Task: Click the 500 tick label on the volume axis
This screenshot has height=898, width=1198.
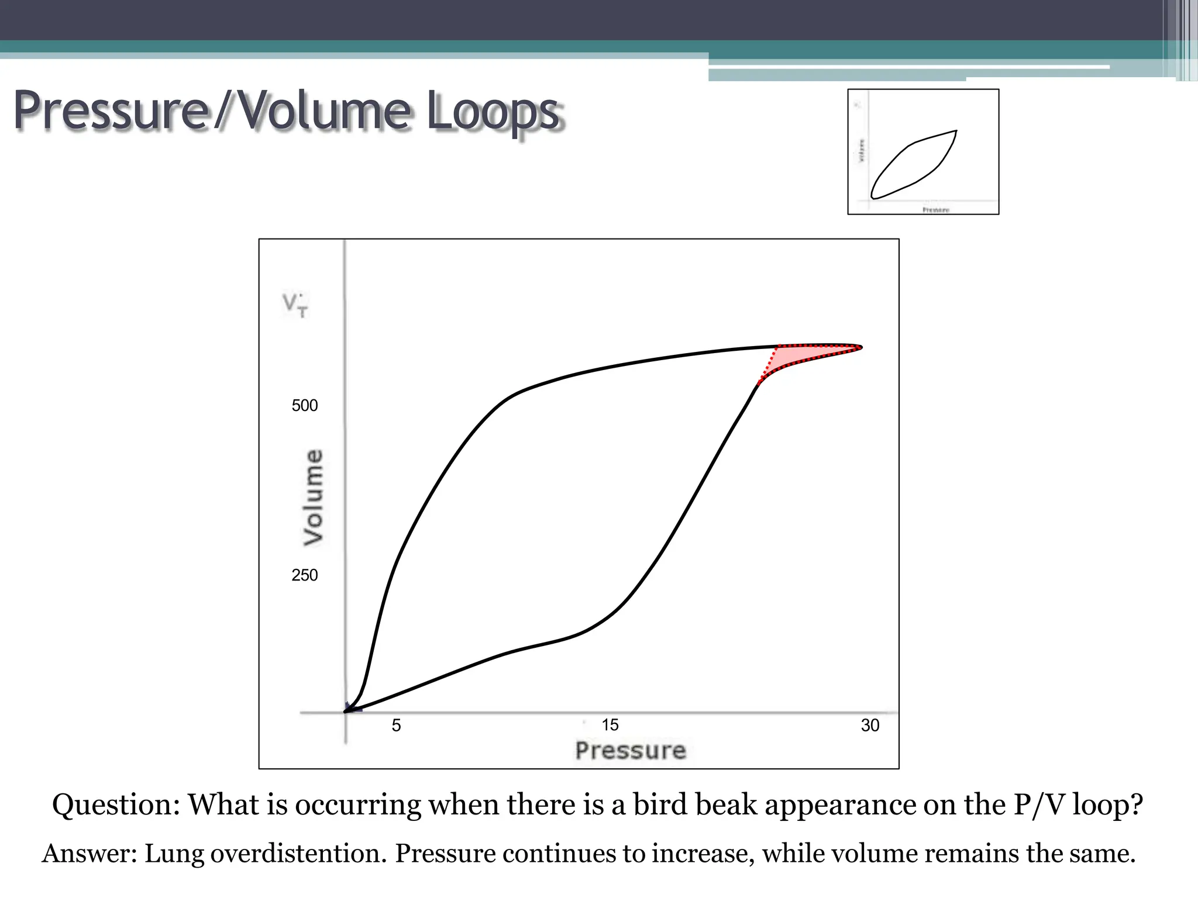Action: (304, 405)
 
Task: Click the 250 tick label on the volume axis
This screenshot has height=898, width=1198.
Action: (304, 575)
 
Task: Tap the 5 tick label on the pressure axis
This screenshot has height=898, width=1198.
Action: (396, 726)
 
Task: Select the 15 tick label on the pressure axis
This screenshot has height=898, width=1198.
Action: (610, 725)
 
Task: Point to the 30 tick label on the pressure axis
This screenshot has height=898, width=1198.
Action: (870, 726)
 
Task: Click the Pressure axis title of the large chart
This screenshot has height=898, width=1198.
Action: (630, 751)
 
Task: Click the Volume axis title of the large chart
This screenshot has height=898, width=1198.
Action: (314, 498)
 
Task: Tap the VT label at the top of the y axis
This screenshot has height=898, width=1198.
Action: (295, 305)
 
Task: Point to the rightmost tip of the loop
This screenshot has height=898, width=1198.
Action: (861, 347)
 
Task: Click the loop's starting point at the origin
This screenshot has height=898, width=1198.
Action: (346, 711)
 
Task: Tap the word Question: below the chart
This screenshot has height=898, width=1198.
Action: (116, 805)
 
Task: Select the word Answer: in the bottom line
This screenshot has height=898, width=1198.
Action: (89, 854)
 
